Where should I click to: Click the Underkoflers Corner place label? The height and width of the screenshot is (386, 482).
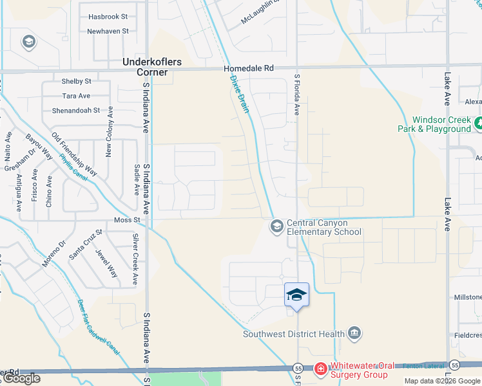pos(152,67)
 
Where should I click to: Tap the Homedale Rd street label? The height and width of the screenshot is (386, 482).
pos(249,68)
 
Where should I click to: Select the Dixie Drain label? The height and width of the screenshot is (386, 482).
pos(240,94)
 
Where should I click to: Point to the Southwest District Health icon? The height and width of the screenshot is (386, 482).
pos(354,333)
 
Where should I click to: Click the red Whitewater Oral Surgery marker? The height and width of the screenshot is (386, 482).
pos(320,369)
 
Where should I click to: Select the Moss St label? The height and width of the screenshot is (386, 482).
pos(127,220)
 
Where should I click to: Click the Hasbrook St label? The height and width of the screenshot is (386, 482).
pos(108,16)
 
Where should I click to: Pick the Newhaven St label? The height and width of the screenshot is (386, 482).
pos(108,31)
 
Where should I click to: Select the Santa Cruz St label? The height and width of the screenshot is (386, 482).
pos(86,244)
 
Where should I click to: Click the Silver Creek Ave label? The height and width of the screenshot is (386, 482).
pos(135,259)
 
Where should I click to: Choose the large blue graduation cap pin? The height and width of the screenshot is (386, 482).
pos(296,295)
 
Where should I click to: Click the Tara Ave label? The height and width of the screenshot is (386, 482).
pos(76,96)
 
